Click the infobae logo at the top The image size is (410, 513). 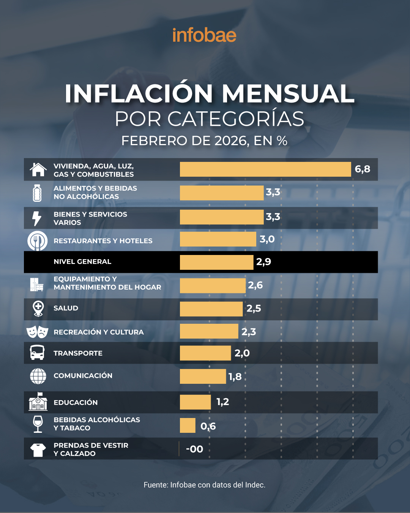coord(204,35)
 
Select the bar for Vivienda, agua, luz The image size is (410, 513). coord(265,169)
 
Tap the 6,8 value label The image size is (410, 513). coord(362,169)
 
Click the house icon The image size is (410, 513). coord(38,169)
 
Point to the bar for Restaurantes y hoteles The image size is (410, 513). coord(218,239)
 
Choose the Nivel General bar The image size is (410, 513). coord(216,262)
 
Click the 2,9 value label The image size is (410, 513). coord(263,262)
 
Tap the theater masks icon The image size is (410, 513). coord(37,332)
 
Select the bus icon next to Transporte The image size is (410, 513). coord(37,353)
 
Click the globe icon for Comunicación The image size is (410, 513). coord(38,376)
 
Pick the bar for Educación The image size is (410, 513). coord(195,402)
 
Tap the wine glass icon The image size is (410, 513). coord(38,424)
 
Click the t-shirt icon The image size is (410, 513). coord(38,450)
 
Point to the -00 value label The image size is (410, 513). coord(194,449)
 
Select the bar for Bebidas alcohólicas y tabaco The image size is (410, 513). coord(188,426)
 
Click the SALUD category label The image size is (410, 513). coord(66,308)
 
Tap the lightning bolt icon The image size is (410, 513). coord(37,218)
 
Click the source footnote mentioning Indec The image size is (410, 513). coord(204,485)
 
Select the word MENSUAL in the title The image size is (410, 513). coord(288,93)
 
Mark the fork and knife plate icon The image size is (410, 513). coord(37,241)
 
